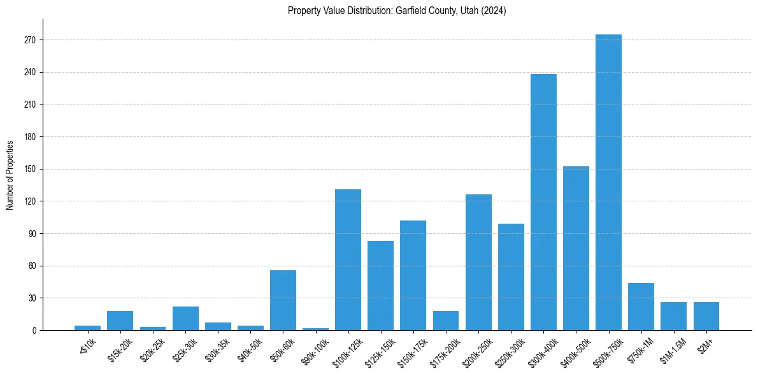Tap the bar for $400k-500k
[x=576, y=249]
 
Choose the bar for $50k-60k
[x=283, y=300]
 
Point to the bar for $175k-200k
[x=446, y=321]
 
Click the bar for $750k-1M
[x=641, y=307]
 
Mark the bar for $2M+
[x=706, y=316]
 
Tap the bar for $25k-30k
[x=185, y=319]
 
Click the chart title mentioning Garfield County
[x=397, y=11]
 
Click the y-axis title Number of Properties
[x=10, y=175]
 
